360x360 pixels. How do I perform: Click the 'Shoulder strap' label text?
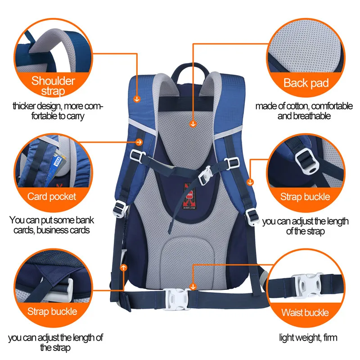(x=53, y=86)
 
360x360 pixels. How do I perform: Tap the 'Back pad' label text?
(x=306, y=83)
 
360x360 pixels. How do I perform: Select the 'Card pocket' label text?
(x=52, y=197)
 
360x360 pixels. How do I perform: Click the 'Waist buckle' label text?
(x=305, y=312)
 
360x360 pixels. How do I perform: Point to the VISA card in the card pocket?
(x=57, y=165)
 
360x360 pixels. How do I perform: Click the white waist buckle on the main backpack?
(x=177, y=299)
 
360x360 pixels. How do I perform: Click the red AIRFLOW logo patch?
(x=189, y=196)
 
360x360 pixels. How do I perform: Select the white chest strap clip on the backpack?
(x=206, y=175)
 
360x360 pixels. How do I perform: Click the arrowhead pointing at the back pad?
(x=193, y=124)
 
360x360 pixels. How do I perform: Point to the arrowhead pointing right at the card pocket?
(x=139, y=142)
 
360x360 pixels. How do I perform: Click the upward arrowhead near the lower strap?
(x=124, y=267)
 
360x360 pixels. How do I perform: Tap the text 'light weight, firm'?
(x=308, y=338)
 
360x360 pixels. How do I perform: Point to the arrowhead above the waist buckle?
(x=193, y=286)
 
